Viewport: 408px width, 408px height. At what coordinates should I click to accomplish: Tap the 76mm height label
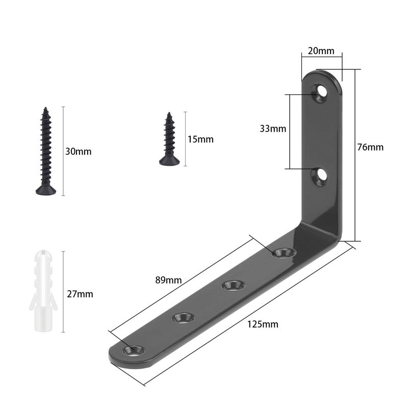tap(370, 147)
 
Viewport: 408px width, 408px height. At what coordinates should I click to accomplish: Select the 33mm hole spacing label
tap(273, 129)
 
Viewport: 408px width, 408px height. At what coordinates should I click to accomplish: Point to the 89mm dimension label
tap(169, 280)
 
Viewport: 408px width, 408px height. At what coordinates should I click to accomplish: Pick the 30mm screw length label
tap(79, 151)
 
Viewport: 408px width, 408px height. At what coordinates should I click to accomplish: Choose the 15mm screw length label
tap(200, 139)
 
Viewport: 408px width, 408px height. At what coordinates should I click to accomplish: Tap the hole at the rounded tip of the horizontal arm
tap(134, 350)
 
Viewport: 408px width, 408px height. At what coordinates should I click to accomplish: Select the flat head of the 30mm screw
tap(45, 190)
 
